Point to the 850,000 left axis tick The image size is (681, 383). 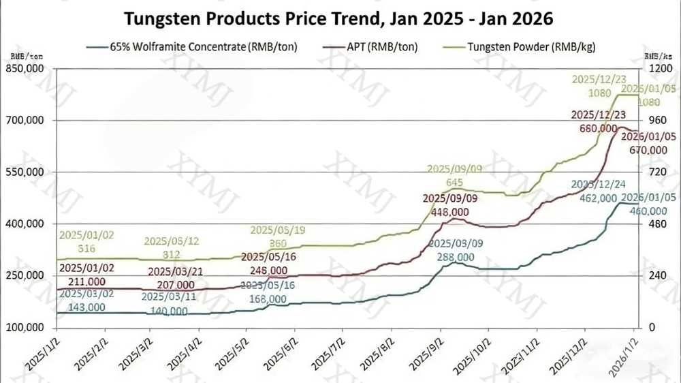click(x=25, y=70)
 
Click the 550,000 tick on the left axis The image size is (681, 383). click(x=25, y=172)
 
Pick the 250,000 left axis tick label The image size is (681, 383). click(x=25, y=276)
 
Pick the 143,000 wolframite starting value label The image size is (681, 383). click(x=82, y=307)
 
